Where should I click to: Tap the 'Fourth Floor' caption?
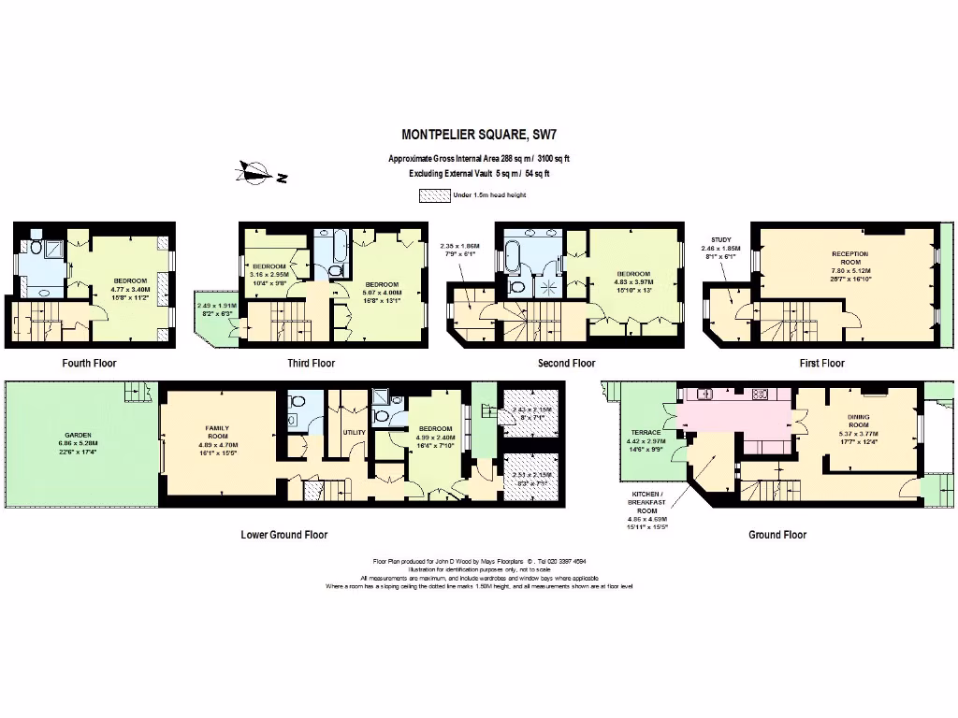pyautogui.click(x=90, y=363)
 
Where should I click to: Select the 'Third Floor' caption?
pyautogui.click(x=311, y=363)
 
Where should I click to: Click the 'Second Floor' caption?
pyautogui.click(x=566, y=363)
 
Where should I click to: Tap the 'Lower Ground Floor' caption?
pyautogui.click(x=284, y=535)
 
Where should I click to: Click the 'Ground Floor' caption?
pyautogui.click(x=777, y=535)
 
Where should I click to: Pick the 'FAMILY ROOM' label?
pyautogui.click(x=217, y=432)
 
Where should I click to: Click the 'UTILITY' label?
pyautogui.click(x=354, y=433)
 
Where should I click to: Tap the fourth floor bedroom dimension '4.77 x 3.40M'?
pyautogui.click(x=130, y=289)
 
